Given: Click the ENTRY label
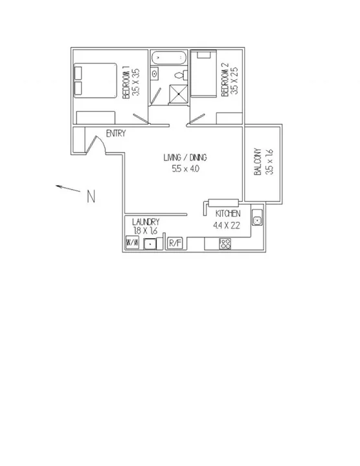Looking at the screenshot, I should [x=115, y=134].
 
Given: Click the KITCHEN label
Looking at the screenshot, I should [x=229, y=214].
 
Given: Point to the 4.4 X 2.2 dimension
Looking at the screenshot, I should [x=227, y=225].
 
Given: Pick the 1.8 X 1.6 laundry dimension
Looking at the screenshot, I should [x=145, y=230].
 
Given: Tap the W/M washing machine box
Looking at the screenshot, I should [x=131, y=243].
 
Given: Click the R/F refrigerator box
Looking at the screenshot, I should [x=175, y=243].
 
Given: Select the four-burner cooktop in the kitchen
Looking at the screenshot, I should [x=225, y=244].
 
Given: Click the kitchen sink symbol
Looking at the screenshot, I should [x=257, y=219].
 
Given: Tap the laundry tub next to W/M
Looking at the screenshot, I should [x=150, y=244].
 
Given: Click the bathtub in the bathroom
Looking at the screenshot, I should [x=169, y=60].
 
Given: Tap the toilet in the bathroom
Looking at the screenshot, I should [x=155, y=74].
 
